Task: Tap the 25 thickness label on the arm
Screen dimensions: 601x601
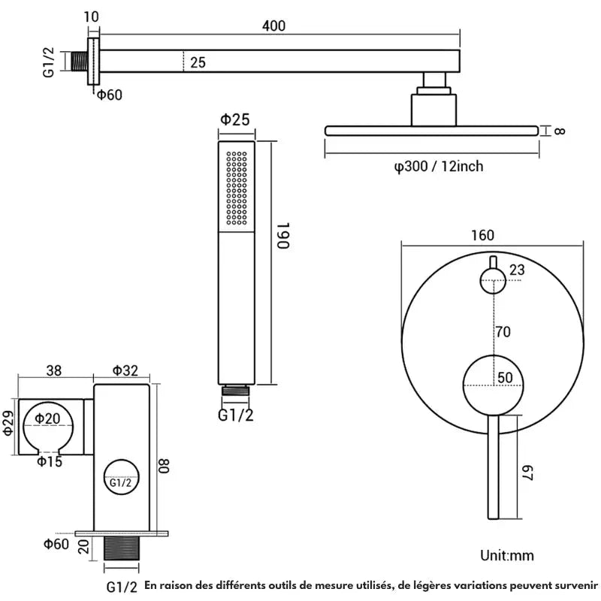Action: [198, 63]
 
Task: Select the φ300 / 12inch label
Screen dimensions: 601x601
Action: [439, 166]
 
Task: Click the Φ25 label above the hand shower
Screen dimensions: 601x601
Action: [234, 119]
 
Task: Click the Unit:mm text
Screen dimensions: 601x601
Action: [507, 556]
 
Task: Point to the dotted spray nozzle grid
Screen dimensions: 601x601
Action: [237, 188]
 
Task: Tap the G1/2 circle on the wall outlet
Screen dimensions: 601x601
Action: [121, 482]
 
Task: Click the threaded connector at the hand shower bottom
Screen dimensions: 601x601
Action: [235, 391]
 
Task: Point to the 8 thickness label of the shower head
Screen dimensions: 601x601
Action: [560, 131]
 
